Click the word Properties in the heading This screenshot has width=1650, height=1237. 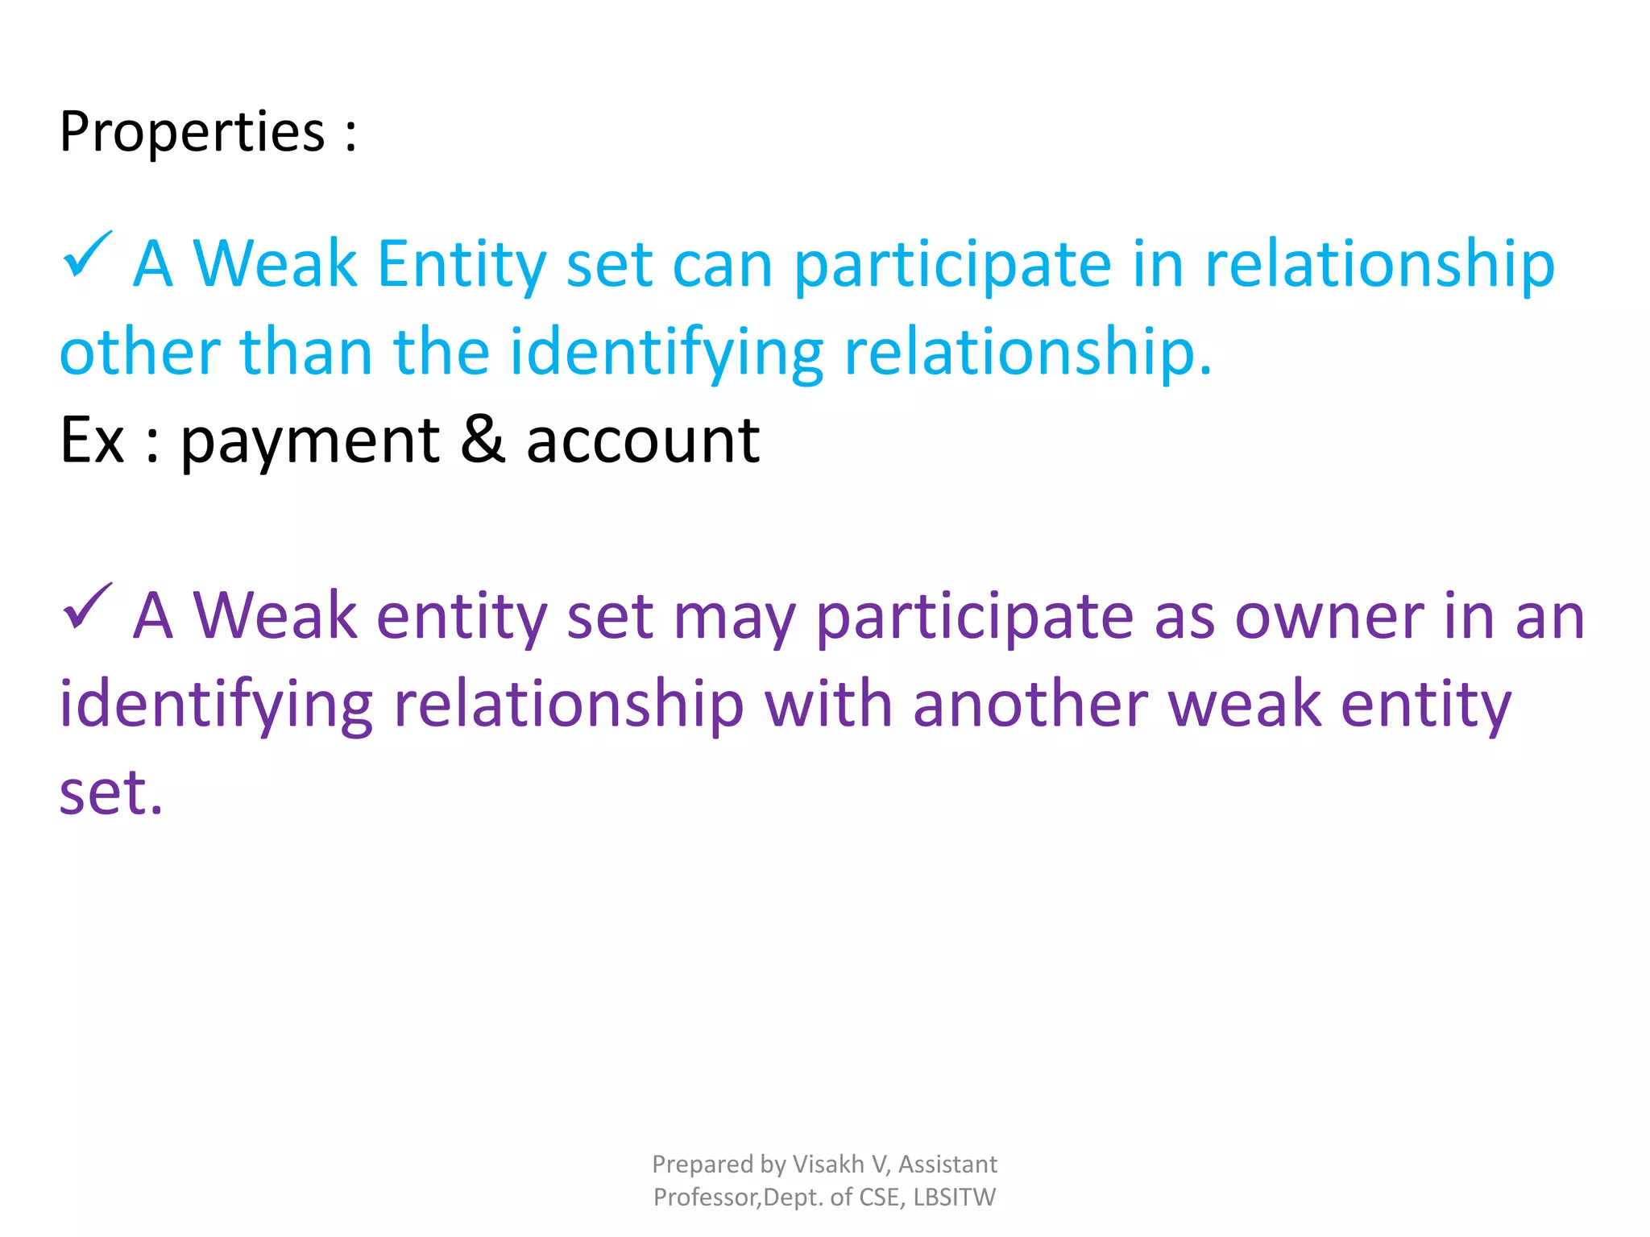click(x=192, y=133)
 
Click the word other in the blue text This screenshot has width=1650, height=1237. click(x=139, y=353)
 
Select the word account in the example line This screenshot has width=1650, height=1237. click(x=642, y=441)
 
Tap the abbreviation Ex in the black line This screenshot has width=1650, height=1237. click(x=92, y=441)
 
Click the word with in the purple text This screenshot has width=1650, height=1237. click(x=828, y=705)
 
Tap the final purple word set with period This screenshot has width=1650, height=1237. click(x=111, y=793)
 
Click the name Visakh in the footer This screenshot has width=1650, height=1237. click(x=828, y=1165)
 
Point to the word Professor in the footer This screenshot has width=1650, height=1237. click(x=706, y=1198)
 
